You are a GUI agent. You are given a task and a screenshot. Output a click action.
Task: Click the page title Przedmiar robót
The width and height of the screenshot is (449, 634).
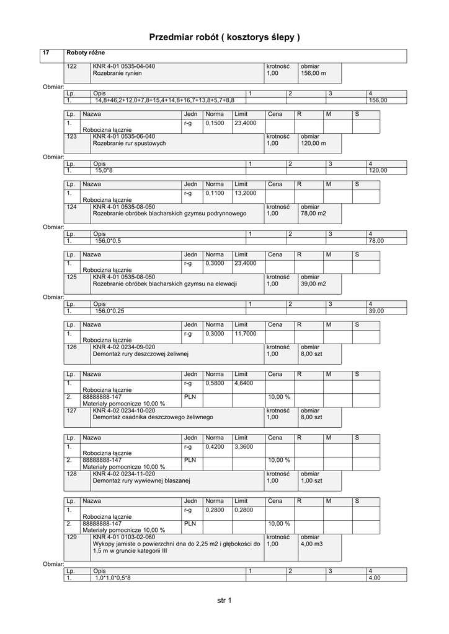pyautogui.click(x=224, y=37)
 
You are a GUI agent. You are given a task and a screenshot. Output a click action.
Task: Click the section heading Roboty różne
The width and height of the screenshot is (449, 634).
pyautogui.click(x=86, y=53)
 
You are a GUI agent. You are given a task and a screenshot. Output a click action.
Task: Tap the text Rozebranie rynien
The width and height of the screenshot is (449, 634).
pyautogui.click(x=117, y=74)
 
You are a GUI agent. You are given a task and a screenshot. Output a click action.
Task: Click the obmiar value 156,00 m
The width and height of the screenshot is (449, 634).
pyautogui.click(x=313, y=74)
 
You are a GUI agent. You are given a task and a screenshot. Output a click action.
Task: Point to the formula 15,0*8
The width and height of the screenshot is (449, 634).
pyautogui.click(x=104, y=170)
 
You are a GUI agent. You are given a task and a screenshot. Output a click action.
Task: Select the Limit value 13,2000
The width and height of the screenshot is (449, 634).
pyautogui.click(x=245, y=193)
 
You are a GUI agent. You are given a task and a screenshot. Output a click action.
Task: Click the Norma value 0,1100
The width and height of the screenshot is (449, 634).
pyautogui.click(x=215, y=193)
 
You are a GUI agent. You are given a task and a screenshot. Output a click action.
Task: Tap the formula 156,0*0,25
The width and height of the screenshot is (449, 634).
pyautogui.click(x=110, y=311)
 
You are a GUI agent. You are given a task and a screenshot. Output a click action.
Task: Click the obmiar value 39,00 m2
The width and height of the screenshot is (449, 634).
pyautogui.click(x=313, y=284)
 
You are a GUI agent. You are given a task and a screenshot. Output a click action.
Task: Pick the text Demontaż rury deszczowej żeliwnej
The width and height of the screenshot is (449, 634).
pyautogui.click(x=140, y=354)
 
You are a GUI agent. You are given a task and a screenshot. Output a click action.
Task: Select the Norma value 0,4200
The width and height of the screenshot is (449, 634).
pyautogui.click(x=215, y=447)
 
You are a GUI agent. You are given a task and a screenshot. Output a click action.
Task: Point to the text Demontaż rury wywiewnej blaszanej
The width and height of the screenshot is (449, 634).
pyautogui.click(x=141, y=480)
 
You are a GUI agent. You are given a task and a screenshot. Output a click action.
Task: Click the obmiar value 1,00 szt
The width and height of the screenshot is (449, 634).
pyautogui.click(x=312, y=480)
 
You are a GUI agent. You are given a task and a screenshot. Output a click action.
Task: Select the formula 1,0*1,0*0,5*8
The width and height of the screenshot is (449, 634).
pyautogui.click(x=113, y=578)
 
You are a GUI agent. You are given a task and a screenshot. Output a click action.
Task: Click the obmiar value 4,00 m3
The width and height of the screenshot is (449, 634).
pyautogui.click(x=312, y=544)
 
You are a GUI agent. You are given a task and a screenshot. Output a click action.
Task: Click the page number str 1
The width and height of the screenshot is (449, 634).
pyautogui.click(x=224, y=601)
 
